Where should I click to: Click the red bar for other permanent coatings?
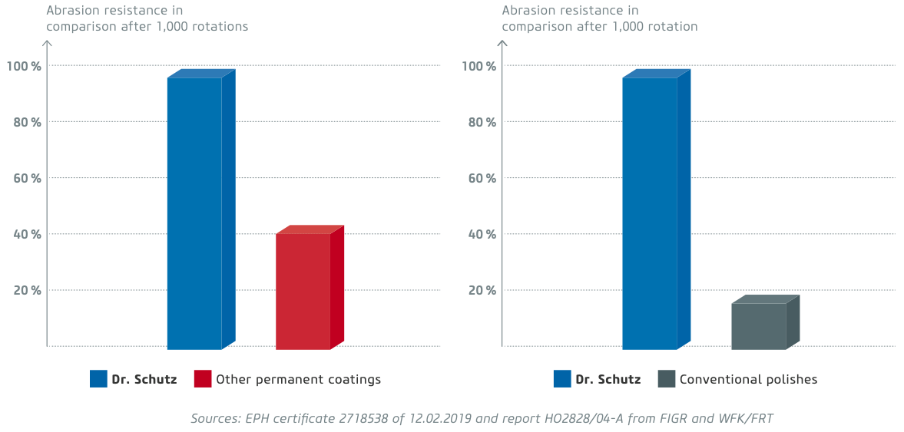pyautogui.click(x=303, y=291)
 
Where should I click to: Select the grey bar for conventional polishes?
pyautogui.click(x=759, y=326)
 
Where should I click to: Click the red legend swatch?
pyautogui.click(x=203, y=379)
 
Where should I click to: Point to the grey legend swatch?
pyautogui.click(x=667, y=379)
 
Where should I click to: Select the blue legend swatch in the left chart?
pyautogui.click(x=98, y=379)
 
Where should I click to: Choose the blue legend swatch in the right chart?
pyautogui.click(x=562, y=379)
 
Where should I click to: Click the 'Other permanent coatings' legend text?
pyautogui.click(x=298, y=379)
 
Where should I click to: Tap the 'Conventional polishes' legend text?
pyautogui.click(x=748, y=379)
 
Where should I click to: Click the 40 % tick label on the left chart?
pyautogui.click(x=25, y=234)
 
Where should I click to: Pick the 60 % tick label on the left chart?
pyautogui.click(x=25, y=178)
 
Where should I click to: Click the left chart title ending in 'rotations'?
pyautogui.click(x=147, y=18)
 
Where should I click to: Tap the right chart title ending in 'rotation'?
pyautogui.click(x=599, y=18)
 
